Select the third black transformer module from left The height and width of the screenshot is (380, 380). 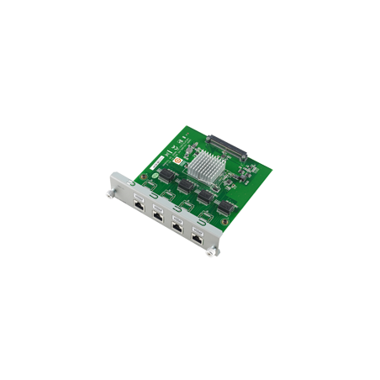point(206,195)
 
